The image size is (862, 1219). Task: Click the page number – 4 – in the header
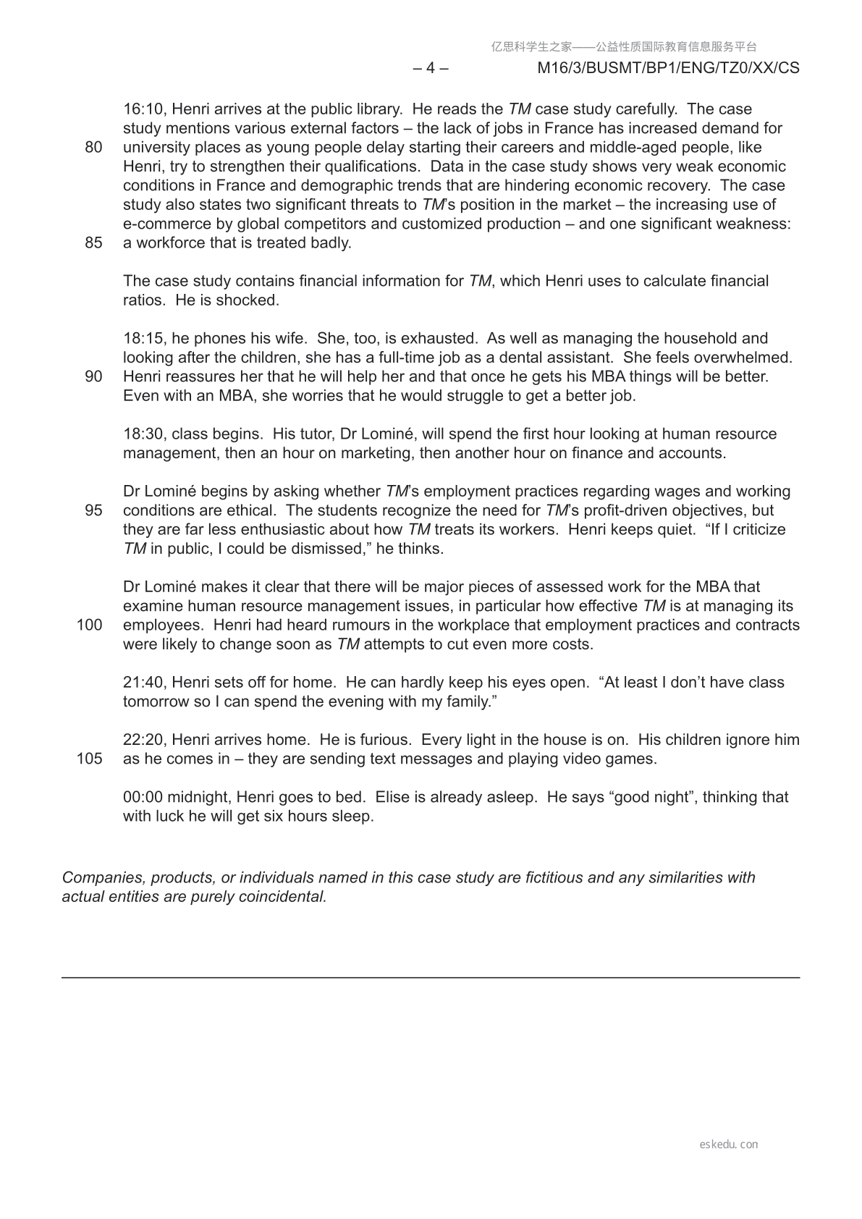click(x=431, y=68)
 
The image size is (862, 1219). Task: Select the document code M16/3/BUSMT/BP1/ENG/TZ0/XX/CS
click(x=669, y=68)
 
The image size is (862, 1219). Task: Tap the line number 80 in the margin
click(x=93, y=148)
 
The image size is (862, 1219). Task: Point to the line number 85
click(x=93, y=243)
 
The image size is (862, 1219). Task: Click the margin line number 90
click(x=93, y=377)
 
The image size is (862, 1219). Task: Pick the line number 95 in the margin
click(x=93, y=510)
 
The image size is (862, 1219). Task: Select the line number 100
click(x=89, y=625)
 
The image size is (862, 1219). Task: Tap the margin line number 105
click(x=89, y=759)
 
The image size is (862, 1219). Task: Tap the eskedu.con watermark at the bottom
click(x=729, y=1144)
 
